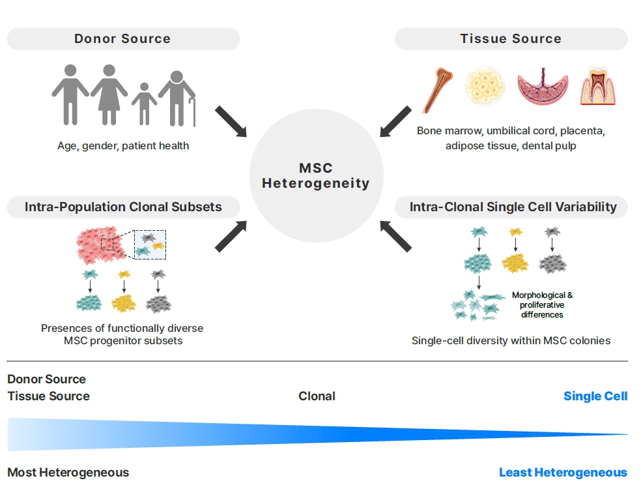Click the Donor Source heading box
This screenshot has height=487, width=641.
(122, 39)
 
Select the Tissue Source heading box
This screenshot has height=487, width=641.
(511, 39)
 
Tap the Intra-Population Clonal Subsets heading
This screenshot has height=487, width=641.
(123, 207)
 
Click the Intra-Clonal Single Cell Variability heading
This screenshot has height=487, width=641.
(513, 207)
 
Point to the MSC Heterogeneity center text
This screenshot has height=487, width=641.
(316, 176)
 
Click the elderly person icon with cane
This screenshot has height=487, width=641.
(178, 98)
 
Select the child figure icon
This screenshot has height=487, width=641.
(143, 104)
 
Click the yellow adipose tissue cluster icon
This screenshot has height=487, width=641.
(485, 89)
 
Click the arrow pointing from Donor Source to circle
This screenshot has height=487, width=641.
(231, 121)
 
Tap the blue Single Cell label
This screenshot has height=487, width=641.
(595, 396)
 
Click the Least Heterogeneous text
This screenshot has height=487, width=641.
(563, 473)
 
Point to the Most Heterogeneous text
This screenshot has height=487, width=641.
(68, 473)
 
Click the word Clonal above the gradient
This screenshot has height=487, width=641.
(317, 396)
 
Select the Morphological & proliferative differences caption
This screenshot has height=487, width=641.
(542, 305)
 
